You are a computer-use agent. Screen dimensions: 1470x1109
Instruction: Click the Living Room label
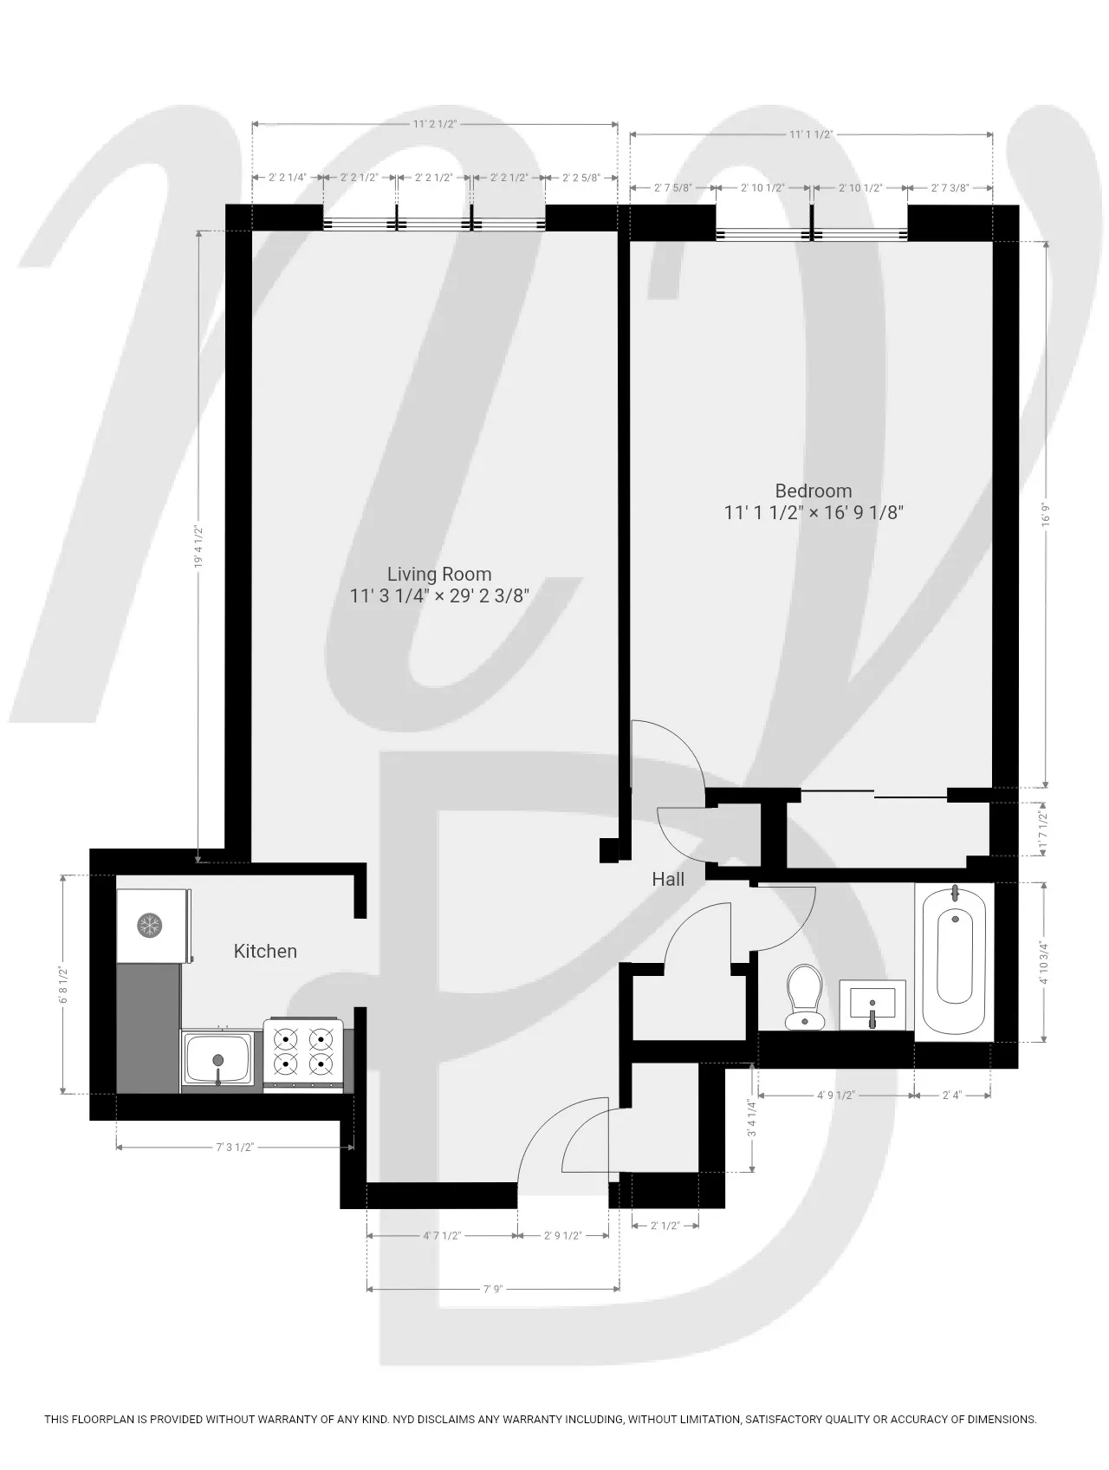point(439,574)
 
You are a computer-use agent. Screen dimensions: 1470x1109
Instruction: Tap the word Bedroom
point(813,491)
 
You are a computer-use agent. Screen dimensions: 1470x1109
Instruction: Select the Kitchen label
point(265,951)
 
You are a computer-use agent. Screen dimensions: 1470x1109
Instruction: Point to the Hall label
point(668,879)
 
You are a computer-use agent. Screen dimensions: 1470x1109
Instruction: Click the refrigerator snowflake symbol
point(150,925)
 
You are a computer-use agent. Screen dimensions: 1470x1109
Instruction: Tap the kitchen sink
point(218,1059)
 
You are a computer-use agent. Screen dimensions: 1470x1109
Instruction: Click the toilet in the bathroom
point(804,997)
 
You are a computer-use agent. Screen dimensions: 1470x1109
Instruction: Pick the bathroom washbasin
point(872,1005)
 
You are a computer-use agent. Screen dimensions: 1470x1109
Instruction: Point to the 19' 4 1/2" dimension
point(199,546)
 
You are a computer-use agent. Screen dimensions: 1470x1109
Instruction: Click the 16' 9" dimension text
point(1047,514)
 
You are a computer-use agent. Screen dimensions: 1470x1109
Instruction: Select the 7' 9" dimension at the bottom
point(492,1289)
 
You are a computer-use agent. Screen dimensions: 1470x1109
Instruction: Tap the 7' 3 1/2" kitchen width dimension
point(234,1148)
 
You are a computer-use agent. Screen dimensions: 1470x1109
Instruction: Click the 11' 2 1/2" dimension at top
point(434,124)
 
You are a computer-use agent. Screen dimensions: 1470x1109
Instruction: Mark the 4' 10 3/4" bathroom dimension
point(1045,962)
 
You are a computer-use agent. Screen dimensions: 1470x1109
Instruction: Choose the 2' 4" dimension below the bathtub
point(952,1096)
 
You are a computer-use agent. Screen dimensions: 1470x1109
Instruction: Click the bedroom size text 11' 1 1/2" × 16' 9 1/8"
point(813,513)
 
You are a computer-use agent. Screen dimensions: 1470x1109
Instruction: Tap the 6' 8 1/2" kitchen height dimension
point(62,984)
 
